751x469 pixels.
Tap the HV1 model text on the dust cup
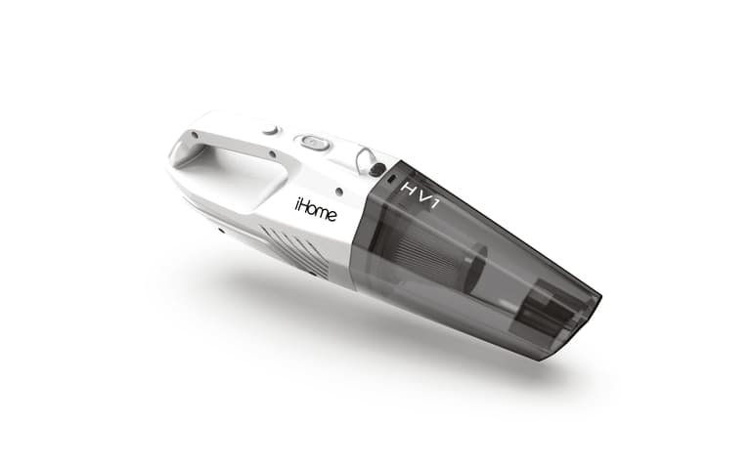(420, 195)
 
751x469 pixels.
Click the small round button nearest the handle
(270, 130)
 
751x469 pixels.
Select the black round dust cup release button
(377, 168)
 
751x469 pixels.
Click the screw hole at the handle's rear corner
(195, 135)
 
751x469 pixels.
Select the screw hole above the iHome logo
(339, 192)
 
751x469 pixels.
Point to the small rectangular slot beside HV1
(392, 178)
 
